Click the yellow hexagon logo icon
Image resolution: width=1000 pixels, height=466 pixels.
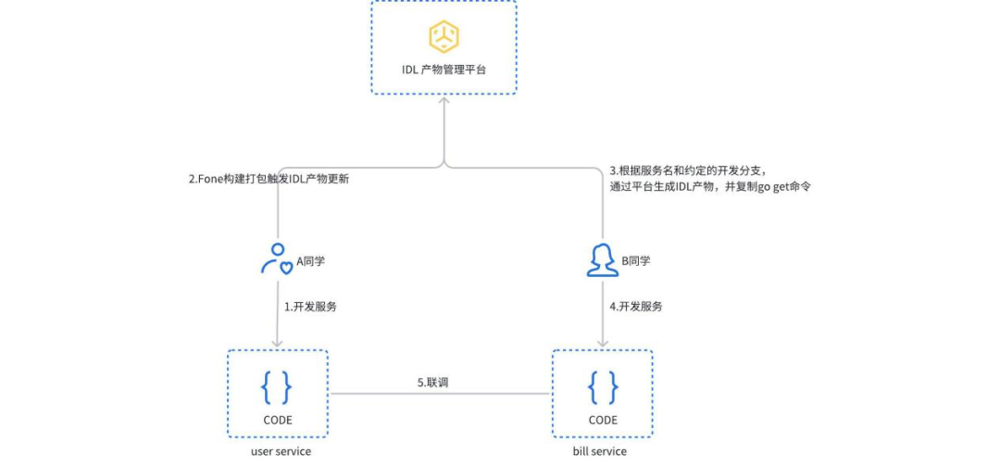(444, 36)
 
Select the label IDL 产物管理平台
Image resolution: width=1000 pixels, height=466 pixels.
(444, 69)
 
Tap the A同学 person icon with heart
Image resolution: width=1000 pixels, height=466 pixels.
(277, 258)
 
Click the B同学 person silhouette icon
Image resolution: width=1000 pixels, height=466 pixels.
(603, 260)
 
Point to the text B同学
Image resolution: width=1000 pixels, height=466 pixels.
(636, 260)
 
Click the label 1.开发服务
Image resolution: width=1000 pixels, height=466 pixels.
(310, 307)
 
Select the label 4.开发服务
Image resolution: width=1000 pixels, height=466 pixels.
(636, 307)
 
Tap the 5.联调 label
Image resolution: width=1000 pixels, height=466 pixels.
(433, 383)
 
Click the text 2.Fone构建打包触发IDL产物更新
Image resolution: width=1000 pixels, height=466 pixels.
(269, 180)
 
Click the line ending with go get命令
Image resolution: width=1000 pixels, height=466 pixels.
(710, 187)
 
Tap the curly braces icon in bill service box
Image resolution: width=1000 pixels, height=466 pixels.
(603, 386)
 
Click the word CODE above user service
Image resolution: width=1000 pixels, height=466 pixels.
(278, 420)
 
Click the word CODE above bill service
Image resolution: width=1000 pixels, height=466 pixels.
(603, 420)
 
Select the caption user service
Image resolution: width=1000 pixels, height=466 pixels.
(281, 452)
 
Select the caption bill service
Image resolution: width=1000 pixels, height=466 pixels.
(600, 452)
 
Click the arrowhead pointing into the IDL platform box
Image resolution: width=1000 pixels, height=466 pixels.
(444, 99)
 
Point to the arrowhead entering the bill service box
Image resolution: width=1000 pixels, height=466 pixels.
(603, 344)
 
